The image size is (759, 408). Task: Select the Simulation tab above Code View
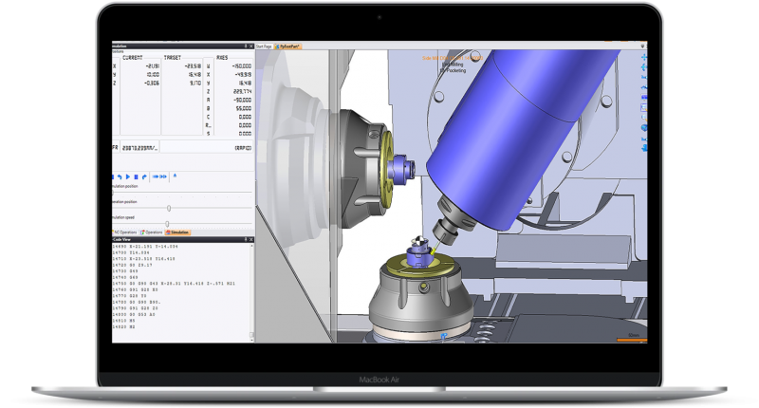tap(178, 232)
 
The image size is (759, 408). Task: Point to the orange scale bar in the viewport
tap(629, 336)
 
